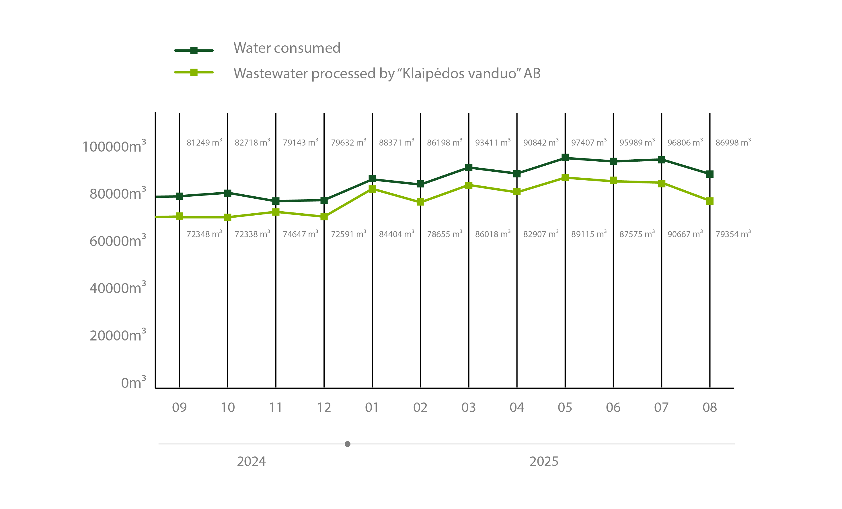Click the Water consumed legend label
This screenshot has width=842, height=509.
(x=287, y=48)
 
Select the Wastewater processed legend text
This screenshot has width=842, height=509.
(x=387, y=73)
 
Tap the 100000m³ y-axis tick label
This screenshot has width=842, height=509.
(x=114, y=146)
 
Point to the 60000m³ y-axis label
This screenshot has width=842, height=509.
(x=118, y=241)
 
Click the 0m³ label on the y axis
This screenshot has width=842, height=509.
(x=133, y=382)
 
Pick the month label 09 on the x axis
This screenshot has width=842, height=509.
(x=180, y=407)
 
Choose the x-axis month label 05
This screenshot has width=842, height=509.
(x=565, y=407)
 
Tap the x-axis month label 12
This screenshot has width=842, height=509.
(x=324, y=407)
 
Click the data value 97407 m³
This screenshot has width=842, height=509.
(x=589, y=142)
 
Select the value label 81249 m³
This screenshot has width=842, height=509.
(x=204, y=142)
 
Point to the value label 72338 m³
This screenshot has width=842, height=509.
(x=252, y=234)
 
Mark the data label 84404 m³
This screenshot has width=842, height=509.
(x=396, y=234)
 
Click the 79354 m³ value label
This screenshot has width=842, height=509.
(x=733, y=234)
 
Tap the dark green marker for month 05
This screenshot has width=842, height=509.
(x=565, y=157)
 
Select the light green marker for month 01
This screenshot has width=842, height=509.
(x=373, y=189)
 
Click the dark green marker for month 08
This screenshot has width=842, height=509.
(x=710, y=174)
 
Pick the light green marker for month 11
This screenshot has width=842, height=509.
(x=276, y=212)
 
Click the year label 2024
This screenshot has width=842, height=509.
(x=251, y=461)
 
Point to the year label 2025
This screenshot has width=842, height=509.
(x=544, y=461)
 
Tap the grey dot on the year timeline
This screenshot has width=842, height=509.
(x=348, y=444)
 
